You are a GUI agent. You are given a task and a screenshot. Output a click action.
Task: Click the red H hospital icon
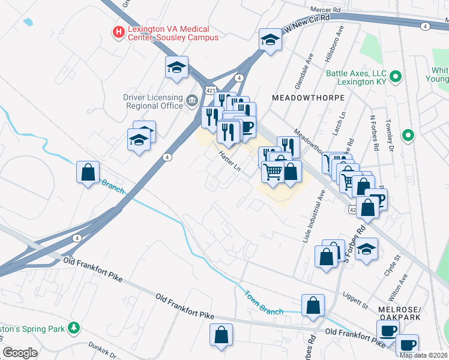[x=119, y=31]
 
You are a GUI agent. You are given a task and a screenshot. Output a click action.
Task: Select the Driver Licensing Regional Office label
[x=152, y=101]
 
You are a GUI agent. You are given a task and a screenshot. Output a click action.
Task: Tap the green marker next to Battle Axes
[x=395, y=76]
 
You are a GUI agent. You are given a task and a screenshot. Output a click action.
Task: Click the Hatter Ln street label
[x=229, y=161]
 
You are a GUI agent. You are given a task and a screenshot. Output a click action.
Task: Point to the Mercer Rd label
[x=325, y=10]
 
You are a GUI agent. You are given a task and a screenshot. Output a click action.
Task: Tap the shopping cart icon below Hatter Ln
[x=273, y=172]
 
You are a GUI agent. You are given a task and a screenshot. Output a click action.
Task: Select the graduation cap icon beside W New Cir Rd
[x=270, y=40]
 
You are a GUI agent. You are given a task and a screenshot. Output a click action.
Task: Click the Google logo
[x=20, y=353]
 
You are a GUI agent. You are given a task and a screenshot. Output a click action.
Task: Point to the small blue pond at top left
[x=28, y=22]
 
